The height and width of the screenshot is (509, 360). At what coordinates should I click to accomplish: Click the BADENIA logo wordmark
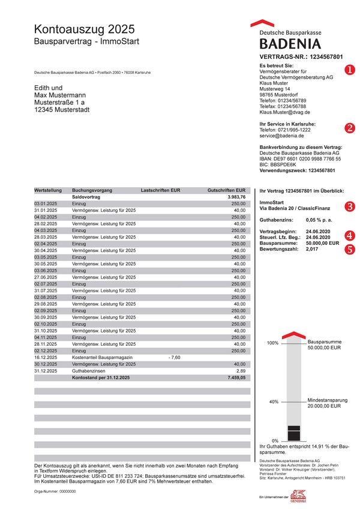pos(290,43)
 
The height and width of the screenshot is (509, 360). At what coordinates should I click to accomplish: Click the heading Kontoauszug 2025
pos(84,29)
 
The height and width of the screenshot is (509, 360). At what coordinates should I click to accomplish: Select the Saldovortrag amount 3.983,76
pos(236,196)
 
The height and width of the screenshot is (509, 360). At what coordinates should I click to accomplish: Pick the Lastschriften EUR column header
pos(160,190)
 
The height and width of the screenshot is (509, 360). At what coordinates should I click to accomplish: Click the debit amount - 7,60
pos(174,357)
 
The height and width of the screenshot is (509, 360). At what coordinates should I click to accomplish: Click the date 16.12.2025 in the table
pos(46,357)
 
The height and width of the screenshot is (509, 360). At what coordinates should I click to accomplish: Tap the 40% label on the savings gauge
pos(273,402)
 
